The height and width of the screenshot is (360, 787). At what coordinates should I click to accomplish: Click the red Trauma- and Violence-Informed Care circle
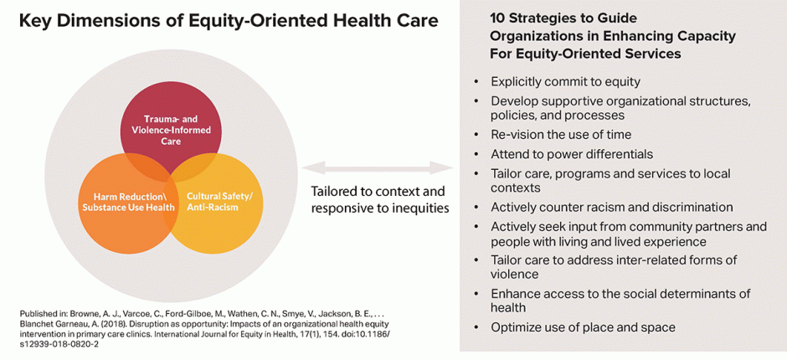[x=171, y=126]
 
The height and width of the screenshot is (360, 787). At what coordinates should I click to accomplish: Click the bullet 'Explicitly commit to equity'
[x=565, y=82]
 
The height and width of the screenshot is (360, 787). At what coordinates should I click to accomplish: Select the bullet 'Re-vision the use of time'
[x=560, y=135]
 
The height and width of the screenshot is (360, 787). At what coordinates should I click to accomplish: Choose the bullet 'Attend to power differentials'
[x=572, y=154]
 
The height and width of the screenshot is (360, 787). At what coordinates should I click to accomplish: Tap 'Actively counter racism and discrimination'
[x=611, y=207]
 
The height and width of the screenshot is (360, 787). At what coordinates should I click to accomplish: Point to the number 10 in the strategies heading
[x=497, y=19]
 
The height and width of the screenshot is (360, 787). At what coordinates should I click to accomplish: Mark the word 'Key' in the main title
[x=38, y=21]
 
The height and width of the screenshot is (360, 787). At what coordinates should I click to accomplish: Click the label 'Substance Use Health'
[x=129, y=208]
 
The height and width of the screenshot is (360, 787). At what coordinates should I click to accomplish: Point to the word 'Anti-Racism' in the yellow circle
[x=213, y=208]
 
